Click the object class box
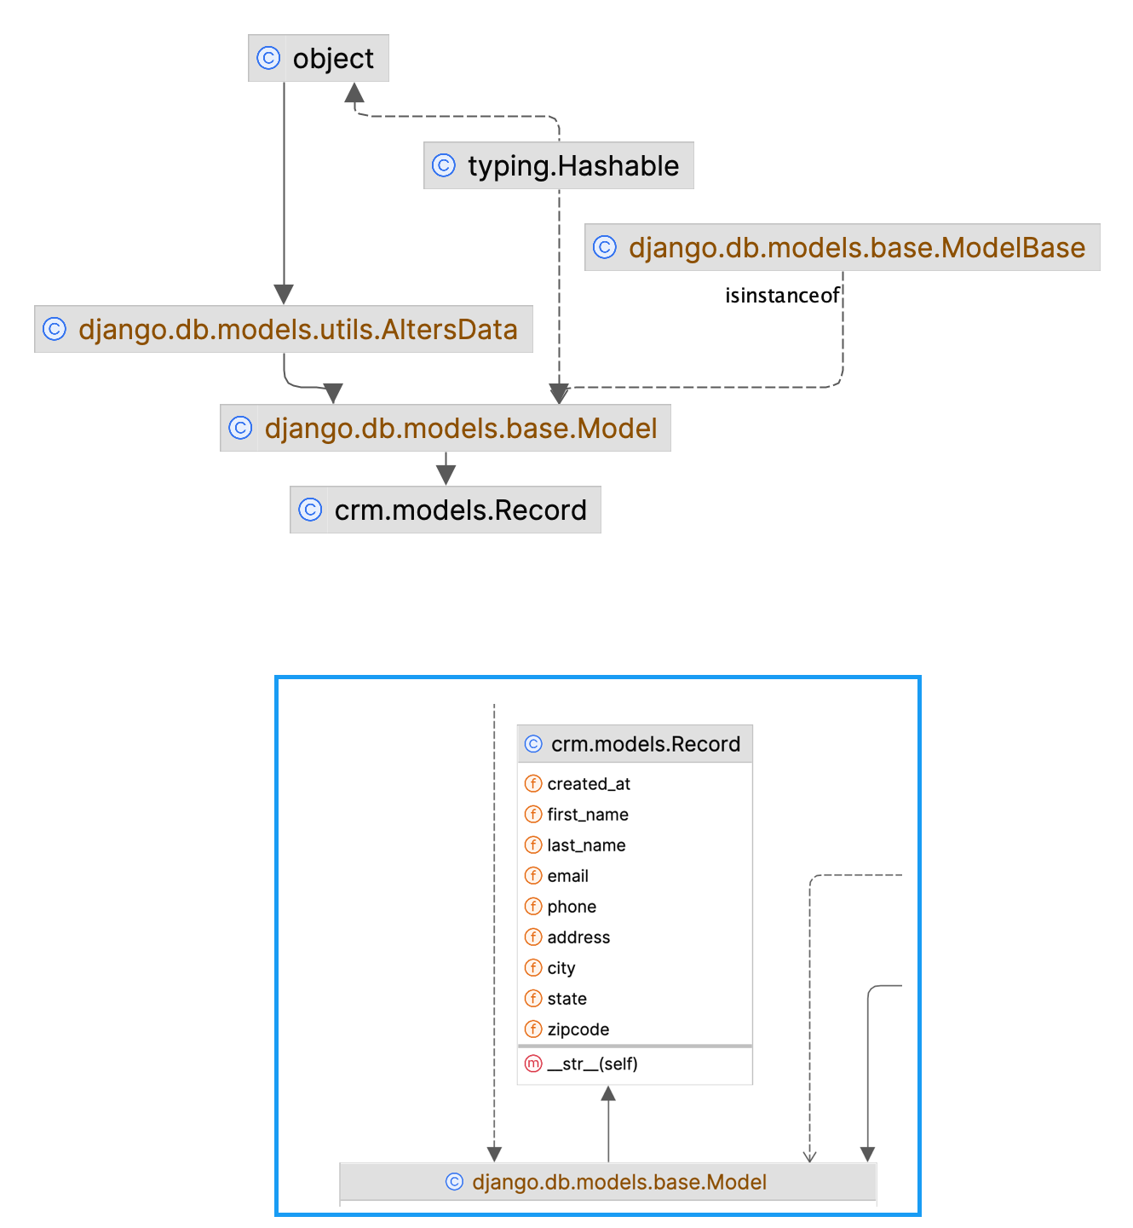coord(319,58)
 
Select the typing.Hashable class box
coord(558,165)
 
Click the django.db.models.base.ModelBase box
coord(842,247)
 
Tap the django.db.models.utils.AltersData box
coord(284,329)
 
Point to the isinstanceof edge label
coord(782,296)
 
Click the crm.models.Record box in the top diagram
coord(446,510)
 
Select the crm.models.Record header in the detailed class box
coord(635,744)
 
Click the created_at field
coord(589,784)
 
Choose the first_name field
coord(588,815)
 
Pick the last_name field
coord(586,845)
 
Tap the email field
coord(567,876)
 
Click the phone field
coord(572,907)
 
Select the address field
coord(578,937)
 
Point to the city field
coord(561,968)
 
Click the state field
coord(566,999)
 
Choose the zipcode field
coord(578,1029)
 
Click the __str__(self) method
coord(592,1064)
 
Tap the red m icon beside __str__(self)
coord(533,1064)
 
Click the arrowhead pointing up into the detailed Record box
coord(608,1094)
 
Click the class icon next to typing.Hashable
coord(444,165)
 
